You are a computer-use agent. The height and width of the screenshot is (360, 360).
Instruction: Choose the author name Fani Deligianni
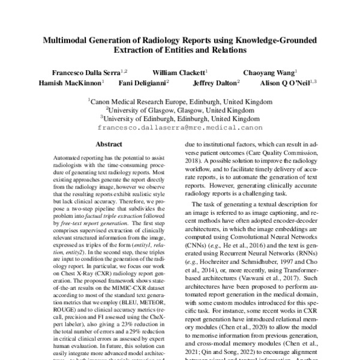coord(142,83)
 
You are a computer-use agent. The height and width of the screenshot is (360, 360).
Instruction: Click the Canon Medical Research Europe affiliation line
coord(179,102)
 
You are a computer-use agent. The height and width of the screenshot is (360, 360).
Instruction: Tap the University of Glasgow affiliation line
coord(179,110)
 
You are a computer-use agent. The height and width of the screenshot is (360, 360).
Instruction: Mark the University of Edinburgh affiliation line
coord(179,119)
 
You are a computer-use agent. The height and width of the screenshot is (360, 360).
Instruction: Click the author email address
coord(179,128)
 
